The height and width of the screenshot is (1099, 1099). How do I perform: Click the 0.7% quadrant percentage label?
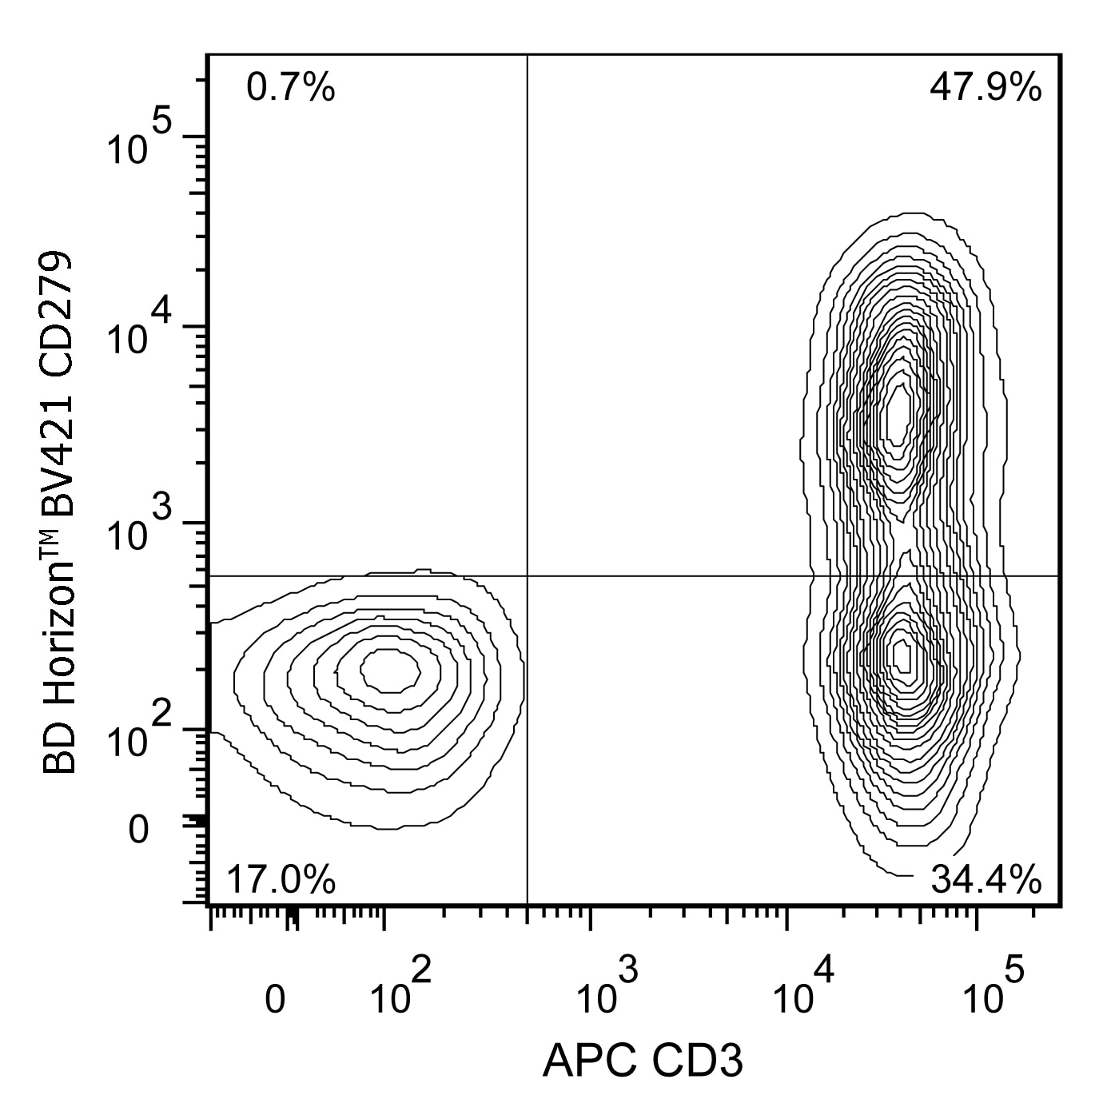290,87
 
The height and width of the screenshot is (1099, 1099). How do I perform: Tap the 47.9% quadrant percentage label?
985,87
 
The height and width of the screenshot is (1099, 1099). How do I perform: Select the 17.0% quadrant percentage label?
281,881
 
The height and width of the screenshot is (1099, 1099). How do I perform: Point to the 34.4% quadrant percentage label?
986,881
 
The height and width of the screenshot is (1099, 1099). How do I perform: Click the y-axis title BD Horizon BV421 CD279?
61,512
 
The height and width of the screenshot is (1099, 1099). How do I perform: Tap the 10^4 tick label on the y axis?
139,332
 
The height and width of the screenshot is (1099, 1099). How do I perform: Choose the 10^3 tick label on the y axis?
139,528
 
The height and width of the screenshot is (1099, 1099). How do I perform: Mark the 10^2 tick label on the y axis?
139,734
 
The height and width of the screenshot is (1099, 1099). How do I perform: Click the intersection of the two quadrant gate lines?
528,575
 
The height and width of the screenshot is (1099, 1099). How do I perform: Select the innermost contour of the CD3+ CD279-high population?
899,416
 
